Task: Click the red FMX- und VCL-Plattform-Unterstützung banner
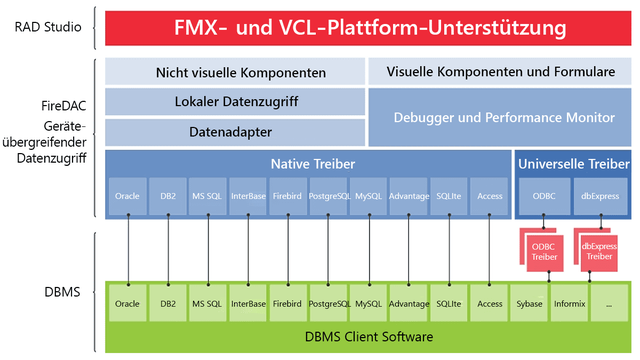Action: click(368, 27)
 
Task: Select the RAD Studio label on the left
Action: click(47, 27)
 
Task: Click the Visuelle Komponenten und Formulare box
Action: click(500, 72)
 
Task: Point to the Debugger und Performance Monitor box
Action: click(500, 118)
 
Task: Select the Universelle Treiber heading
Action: click(573, 163)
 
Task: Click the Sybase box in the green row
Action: click(530, 303)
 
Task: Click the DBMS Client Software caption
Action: click(368, 337)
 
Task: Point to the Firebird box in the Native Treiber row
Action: click(288, 197)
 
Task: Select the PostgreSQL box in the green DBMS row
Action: click(329, 303)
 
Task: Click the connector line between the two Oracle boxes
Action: click(127, 250)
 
